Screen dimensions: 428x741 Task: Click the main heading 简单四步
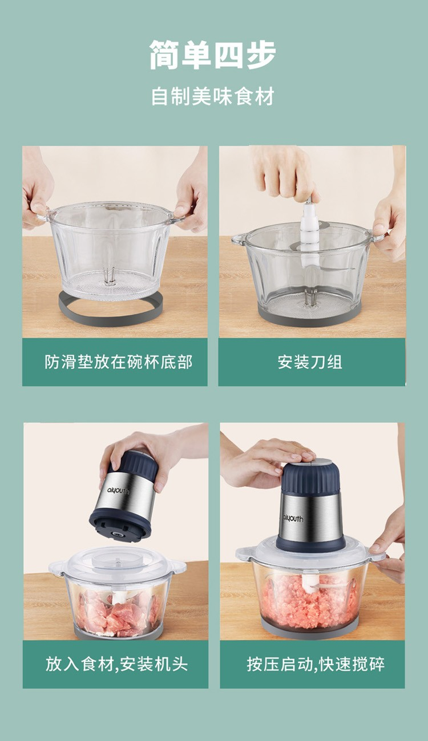(x=213, y=55)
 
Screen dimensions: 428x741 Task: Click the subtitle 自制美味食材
(x=213, y=96)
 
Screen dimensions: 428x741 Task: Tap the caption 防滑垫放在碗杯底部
(x=118, y=362)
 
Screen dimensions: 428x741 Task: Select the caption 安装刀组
(x=310, y=362)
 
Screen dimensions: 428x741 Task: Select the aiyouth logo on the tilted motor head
(x=118, y=491)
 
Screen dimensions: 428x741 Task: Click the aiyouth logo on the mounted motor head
(x=293, y=518)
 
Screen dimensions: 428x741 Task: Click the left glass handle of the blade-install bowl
(x=239, y=239)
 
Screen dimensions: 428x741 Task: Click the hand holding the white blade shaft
(x=285, y=172)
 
